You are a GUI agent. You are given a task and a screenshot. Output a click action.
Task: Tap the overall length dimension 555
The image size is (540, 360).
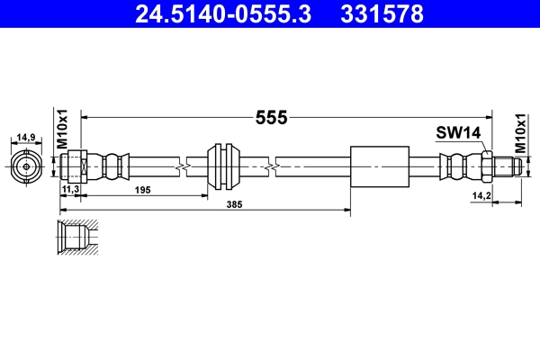(271, 117)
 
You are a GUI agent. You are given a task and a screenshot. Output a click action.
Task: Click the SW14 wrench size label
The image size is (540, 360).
(459, 132)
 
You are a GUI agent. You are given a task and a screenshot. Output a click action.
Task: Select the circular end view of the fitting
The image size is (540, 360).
(27, 166)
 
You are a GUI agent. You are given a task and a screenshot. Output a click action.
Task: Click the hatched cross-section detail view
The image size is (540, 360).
(76, 240)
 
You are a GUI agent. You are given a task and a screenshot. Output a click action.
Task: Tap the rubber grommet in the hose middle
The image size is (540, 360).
(221, 166)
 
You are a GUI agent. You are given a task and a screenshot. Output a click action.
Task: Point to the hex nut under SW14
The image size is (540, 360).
(485, 166)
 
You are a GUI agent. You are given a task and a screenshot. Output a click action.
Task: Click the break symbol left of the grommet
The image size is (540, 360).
(183, 166)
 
